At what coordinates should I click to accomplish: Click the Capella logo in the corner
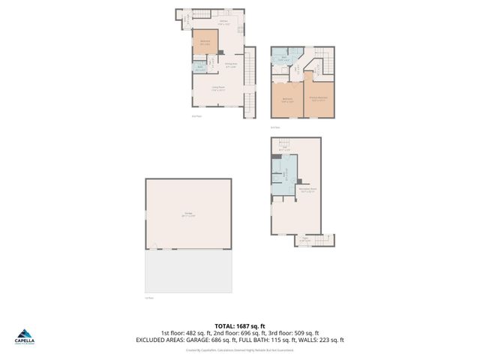point(25,337)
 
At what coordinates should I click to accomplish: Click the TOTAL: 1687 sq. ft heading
point(239,326)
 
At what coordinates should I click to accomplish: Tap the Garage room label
point(189,214)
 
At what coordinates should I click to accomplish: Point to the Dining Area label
point(232,64)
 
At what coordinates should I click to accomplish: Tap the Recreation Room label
point(307,190)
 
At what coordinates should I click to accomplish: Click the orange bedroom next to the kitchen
point(205,42)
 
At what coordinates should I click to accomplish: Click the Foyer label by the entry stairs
point(305,239)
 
